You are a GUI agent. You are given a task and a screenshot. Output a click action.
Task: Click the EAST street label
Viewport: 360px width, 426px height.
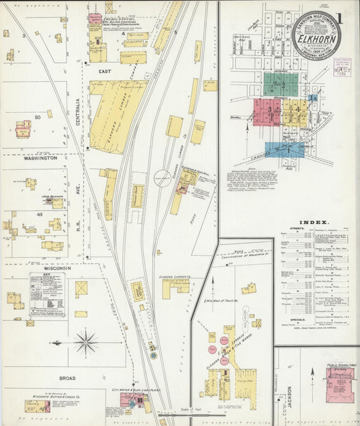point(105,70)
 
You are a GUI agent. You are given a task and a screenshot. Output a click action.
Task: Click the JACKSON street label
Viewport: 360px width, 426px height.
point(289,394)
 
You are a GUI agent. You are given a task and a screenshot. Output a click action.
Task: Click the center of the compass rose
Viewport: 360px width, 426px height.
point(86,342)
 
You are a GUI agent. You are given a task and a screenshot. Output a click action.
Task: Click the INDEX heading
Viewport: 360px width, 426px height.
point(317,222)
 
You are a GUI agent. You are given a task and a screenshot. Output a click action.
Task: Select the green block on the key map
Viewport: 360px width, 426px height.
point(280,85)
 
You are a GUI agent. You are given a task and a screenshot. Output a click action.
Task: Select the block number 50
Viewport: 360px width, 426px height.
point(38,117)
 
